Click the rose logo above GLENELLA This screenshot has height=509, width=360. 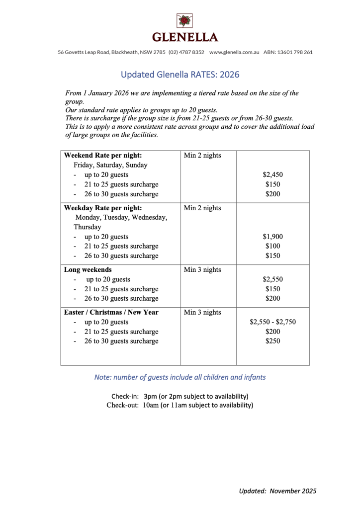(x=184, y=21)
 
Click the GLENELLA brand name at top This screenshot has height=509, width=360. (x=184, y=38)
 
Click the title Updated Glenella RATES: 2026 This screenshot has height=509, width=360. (x=180, y=75)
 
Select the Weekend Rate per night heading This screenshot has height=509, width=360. (x=103, y=156)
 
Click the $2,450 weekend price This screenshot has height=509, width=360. (x=272, y=175)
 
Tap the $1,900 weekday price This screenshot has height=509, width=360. (x=272, y=237)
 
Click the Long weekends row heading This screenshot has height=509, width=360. (x=88, y=270)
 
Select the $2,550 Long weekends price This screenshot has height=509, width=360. (x=272, y=279)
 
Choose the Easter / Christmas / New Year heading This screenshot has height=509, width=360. (x=118, y=312)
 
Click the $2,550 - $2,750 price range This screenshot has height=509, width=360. (x=272, y=322)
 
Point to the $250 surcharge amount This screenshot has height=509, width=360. (x=272, y=341)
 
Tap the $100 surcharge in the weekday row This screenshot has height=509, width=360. (x=272, y=246)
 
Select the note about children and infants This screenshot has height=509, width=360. (x=180, y=377)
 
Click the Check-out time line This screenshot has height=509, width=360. (x=180, y=405)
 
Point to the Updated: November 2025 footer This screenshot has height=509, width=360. (x=277, y=491)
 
